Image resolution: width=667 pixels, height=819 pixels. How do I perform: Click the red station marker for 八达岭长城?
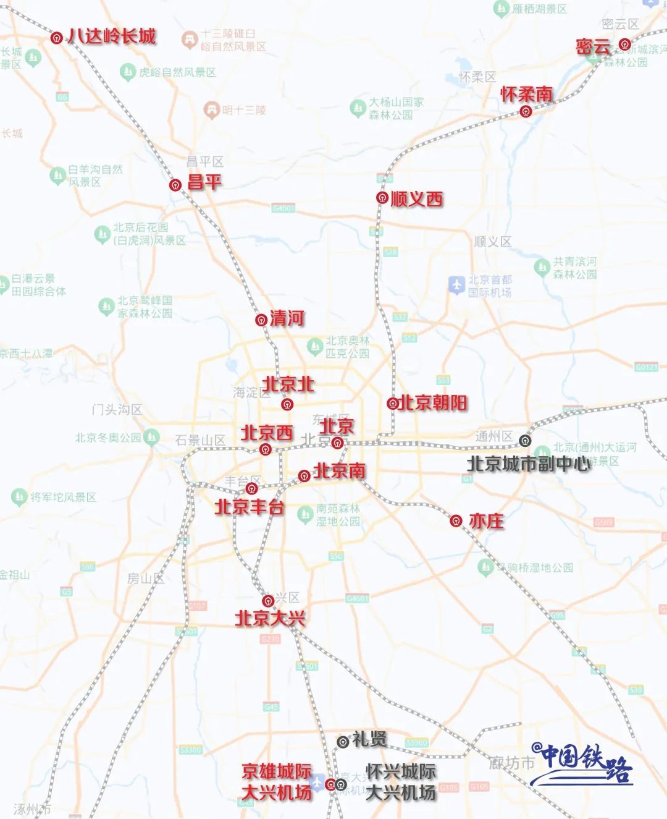click(x=56, y=38)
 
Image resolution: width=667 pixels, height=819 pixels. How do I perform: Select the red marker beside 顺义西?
click(x=382, y=198)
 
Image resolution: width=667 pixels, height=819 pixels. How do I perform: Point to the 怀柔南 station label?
click(x=526, y=95)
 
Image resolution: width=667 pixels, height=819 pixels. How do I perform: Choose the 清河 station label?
click(x=287, y=318)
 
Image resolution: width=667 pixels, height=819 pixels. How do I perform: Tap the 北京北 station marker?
click(x=287, y=404)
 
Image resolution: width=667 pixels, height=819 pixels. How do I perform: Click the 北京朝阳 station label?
click(x=433, y=403)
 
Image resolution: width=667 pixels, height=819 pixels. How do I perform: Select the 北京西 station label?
click(x=267, y=433)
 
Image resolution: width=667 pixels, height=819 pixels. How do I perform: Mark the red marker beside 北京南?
click(x=304, y=475)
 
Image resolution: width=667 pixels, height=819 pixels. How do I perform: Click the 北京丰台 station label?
click(x=249, y=507)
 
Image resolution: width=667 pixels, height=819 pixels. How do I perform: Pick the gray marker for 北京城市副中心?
click(x=525, y=440)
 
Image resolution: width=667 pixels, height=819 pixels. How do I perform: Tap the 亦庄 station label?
click(x=486, y=521)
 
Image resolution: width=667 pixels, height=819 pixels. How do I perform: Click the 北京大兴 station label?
click(x=271, y=617)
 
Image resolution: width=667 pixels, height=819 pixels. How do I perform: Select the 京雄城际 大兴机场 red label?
click(x=277, y=782)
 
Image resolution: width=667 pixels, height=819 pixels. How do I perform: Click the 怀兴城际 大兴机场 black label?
click(x=401, y=782)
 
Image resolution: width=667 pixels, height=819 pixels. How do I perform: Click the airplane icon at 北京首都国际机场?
click(x=456, y=285)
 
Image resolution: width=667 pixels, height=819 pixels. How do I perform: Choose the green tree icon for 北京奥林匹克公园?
click(x=316, y=344)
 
